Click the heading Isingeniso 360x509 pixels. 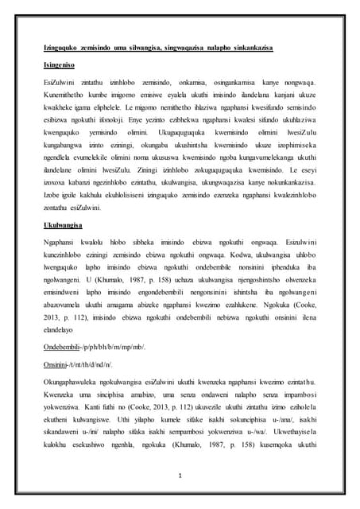click(60, 61)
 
